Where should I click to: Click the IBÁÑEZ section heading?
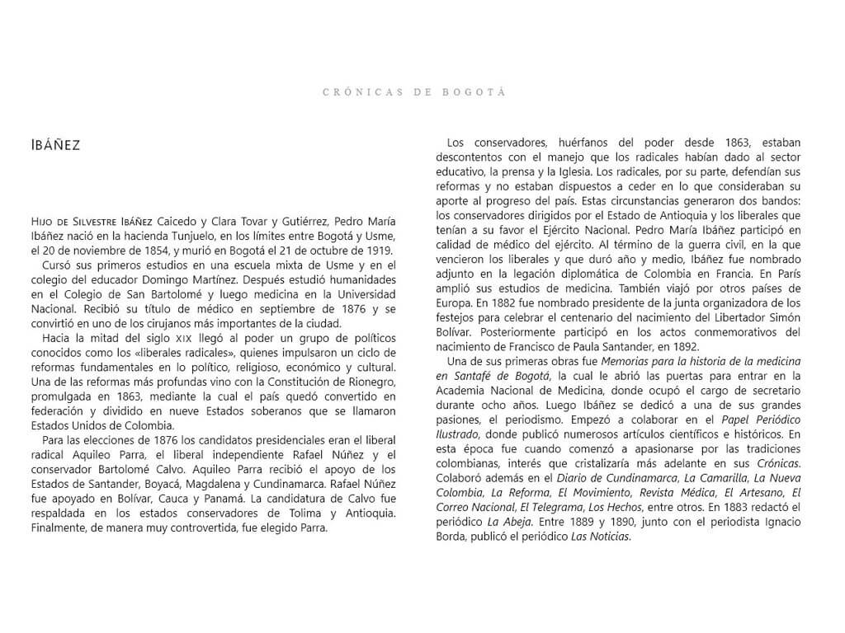coord(52,145)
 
